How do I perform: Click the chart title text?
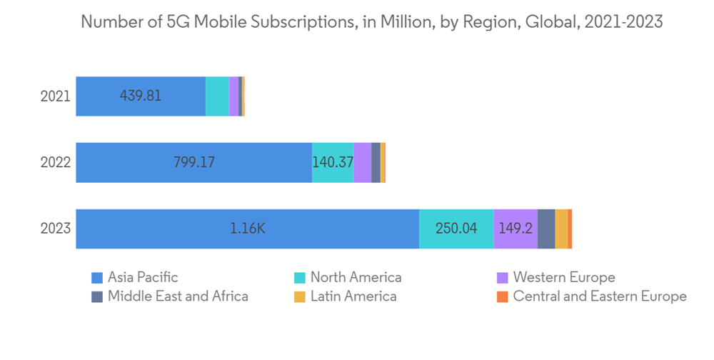point(371,22)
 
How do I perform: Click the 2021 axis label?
point(55,96)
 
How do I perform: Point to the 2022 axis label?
point(55,162)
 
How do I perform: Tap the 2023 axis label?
point(55,229)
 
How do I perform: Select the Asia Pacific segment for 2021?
point(141,96)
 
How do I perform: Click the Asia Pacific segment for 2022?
point(193,162)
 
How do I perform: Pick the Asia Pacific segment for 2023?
point(247,229)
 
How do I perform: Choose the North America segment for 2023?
point(456,229)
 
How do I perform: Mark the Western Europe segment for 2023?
point(516,229)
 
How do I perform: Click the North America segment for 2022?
point(333,162)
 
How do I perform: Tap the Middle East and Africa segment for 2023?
point(546,229)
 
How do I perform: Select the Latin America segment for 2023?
point(561,229)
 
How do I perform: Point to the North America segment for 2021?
point(217,96)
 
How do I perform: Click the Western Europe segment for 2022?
point(363,162)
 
